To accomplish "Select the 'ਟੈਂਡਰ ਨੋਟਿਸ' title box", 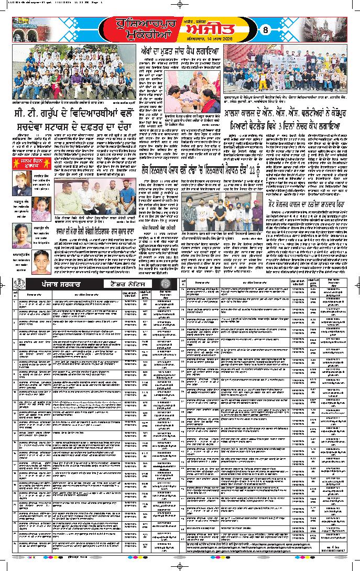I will (x=130, y=283).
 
